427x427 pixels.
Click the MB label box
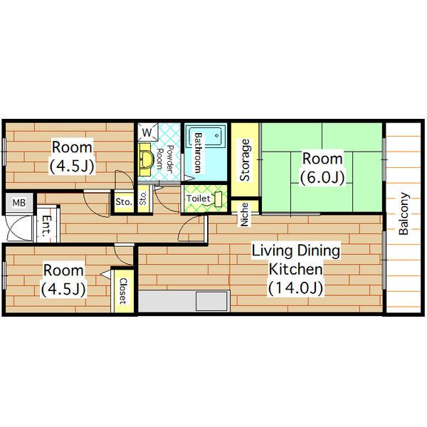tap(19, 203)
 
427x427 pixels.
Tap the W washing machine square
tap(147, 132)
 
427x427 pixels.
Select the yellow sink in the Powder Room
tap(145, 159)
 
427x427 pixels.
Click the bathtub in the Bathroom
tap(206, 137)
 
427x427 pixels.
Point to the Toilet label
tap(199, 199)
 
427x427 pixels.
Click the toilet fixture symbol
tap(218, 199)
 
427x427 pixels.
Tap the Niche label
tap(244, 214)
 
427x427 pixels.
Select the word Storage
tap(245, 160)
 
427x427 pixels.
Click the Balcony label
tap(404, 213)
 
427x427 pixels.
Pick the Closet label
tap(123, 291)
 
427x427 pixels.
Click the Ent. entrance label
tap(46, 226)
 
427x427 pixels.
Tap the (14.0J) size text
tap(296, 288)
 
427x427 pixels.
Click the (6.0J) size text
tap(322, 177)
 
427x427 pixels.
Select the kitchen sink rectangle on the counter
tap(211, 301)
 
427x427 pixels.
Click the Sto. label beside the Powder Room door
tap(143, 198)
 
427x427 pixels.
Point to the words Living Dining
tap(296, 251)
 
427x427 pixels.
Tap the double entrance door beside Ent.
tap(19, 228)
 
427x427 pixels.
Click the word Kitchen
tap(296, 269)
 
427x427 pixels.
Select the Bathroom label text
tap(199, 153)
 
